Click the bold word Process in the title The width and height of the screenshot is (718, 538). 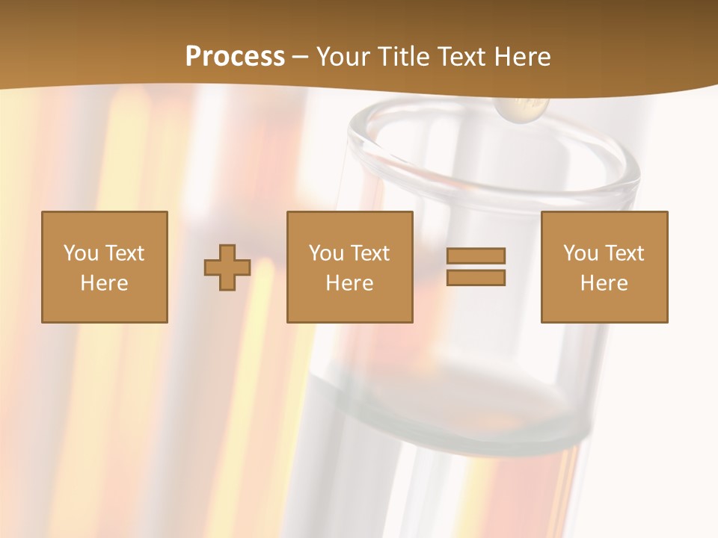pyautogui.click(x=235, y=57)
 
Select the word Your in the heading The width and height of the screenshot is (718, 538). pyautogui.click(x=343, y=57)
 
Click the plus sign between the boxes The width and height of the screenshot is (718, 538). pyautogui.click(x=227, y=268)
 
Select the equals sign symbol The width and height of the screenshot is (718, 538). pyautogui.click(x=476, y=267)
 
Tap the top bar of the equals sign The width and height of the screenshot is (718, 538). pyautogui.click(x=476, y=256)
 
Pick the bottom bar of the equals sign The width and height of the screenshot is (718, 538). pyautogui.click(x=476, y=278)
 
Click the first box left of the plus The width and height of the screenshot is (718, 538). pyautogui.click(x=105, y=267)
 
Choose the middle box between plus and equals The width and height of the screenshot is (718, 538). pyautogui.click(x=349, y=267)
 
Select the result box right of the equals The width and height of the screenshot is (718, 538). pyautogui.click(x=604, y=267)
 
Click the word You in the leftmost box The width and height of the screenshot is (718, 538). pyautogui.click(x=81, y=253)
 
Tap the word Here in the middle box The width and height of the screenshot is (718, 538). pyautogui.click(x=349, y=283)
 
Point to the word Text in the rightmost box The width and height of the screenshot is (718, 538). pyautogui.click(x=625, y=253)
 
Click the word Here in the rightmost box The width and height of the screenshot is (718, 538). pyautogui.click(x=604, y=283)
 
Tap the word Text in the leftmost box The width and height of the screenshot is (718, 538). pyautogui.click(x=125, y=253)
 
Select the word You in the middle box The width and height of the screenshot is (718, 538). pyautogui.click(x=326, y=253)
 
